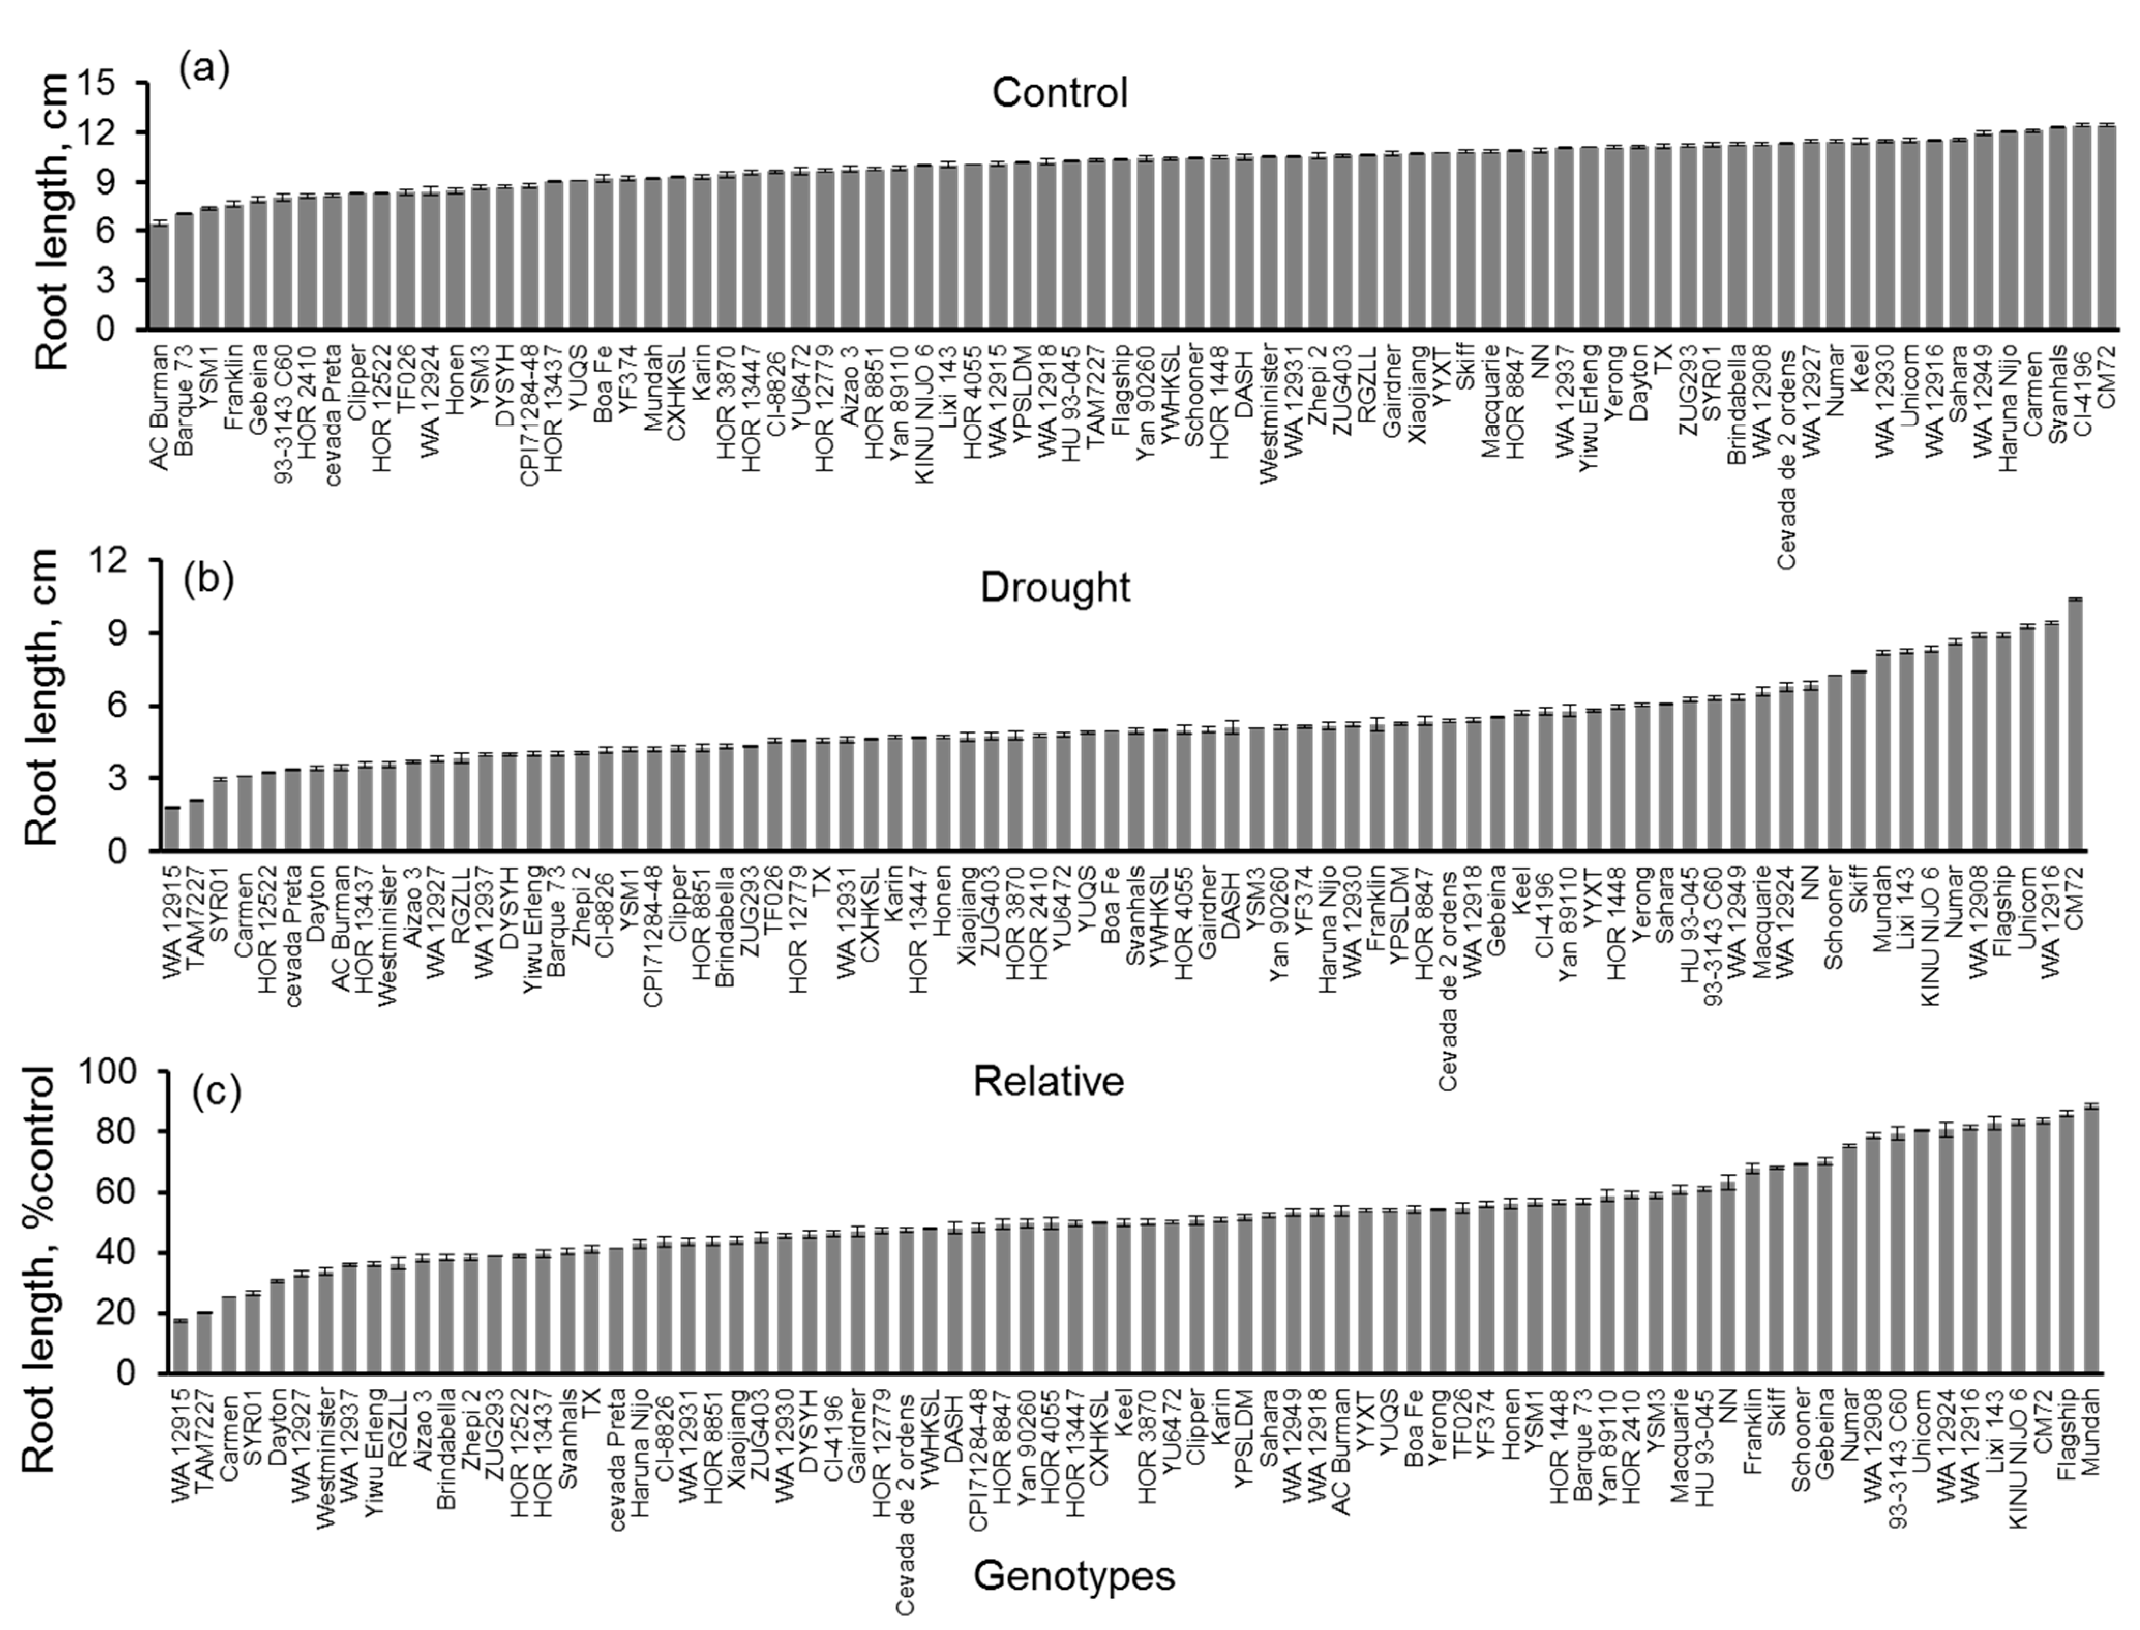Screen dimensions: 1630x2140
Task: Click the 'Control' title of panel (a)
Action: click(x=1059, y=93)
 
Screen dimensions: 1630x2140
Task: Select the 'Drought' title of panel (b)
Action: click(x=1055, y=588)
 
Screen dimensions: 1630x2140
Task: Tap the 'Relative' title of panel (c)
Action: click(x=1049, y=1081)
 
